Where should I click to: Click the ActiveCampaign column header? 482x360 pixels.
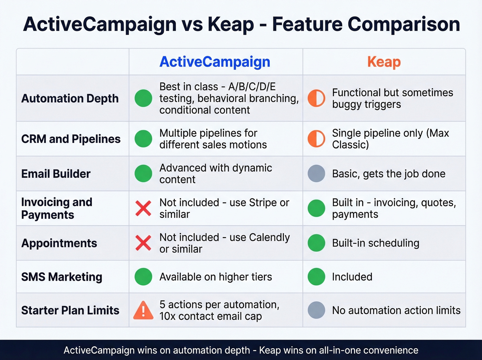click(x=215, y=62)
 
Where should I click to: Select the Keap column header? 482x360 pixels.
click(x=384, y=62)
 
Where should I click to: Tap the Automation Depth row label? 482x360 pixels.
click(x=70, y=99)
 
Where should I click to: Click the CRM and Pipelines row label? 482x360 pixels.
click(x=71, y=139)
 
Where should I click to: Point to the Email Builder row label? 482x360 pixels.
click(x=56, y=174)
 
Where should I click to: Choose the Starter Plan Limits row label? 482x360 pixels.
click(x=70, y=310)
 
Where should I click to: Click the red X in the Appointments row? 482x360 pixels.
click(x=143, y=243)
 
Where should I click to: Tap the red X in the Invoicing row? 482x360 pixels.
click(x=143, y=208)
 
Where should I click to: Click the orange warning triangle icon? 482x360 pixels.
click(x=143, y=310)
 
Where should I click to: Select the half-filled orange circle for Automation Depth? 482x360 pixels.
click(x=316, y=98)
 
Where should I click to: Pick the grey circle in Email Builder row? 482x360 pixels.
click(x=316, y=173)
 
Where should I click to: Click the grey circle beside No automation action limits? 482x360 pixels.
click(x=316, y=310)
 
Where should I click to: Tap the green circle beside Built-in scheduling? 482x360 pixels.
click(x=316, y=243)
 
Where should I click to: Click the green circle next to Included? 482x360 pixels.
click(x=316, y=277)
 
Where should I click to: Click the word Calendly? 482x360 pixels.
click(x=269, y=237)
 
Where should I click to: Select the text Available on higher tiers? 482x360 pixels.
click(x=216, y=277)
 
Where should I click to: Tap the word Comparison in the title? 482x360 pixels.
click(x=404, y=24)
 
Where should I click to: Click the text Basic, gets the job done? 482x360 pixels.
click(x=389, y=174)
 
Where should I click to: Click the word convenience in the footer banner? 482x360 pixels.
click(x=391, y=350)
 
